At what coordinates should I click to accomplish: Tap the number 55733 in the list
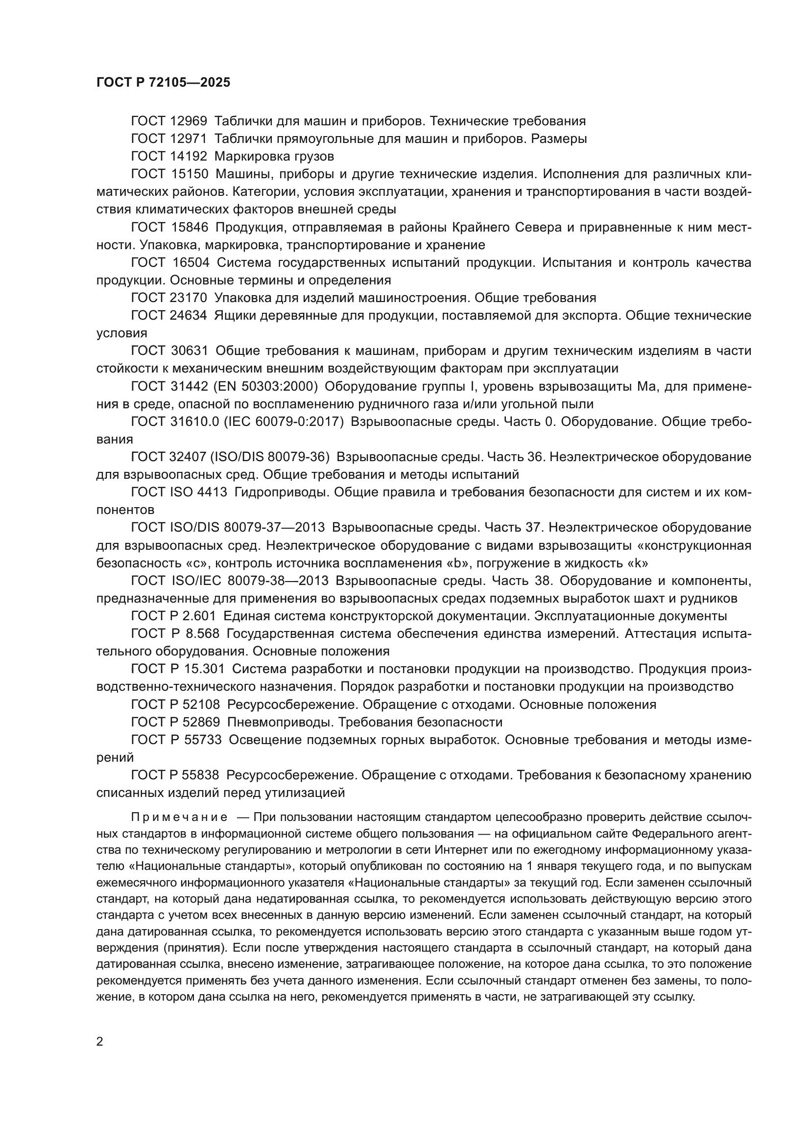(x=203, y=740)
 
